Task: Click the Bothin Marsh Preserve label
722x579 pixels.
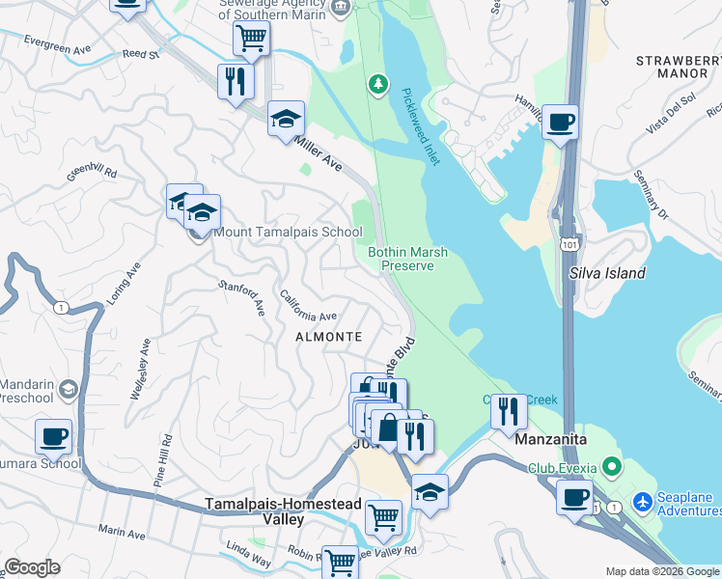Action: point(407,259)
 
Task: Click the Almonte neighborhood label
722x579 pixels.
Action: point(329,337)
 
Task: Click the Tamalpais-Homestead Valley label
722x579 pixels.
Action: point(255,511)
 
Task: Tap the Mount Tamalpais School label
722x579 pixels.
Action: point(288,232)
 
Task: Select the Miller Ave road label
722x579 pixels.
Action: point(318,153)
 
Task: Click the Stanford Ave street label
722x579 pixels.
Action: point(241,297)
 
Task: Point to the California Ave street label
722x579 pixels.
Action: point(308,306)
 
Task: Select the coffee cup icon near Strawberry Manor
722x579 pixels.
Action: point(560,123)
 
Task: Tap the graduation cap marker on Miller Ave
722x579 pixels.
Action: point(286,119)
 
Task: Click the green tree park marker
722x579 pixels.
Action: point(378,86)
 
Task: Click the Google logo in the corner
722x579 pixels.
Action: point(32,567)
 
